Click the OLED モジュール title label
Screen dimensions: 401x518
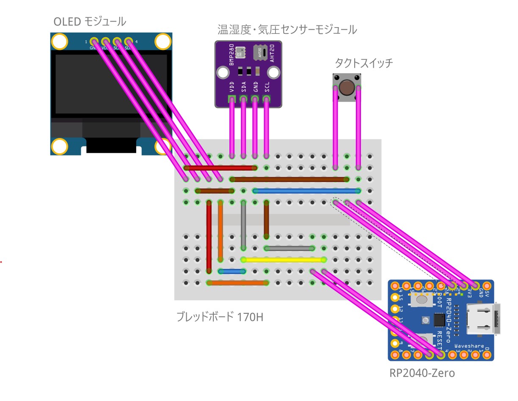point(90,21)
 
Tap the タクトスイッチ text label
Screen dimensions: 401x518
point(364,64)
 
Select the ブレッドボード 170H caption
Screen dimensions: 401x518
point(220,316)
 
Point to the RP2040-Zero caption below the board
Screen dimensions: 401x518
point(422,373)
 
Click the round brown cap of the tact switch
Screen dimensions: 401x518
point(347,88)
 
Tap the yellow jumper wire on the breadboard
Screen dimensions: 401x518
point(284,260)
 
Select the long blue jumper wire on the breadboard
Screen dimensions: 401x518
point(306,191)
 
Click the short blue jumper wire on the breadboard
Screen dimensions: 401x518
point(232,271)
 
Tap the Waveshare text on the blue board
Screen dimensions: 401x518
point(469,346)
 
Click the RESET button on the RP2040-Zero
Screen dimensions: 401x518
point(423,340)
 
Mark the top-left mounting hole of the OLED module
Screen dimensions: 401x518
point(60,41)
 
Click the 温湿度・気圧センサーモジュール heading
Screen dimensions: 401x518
point(287,29)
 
